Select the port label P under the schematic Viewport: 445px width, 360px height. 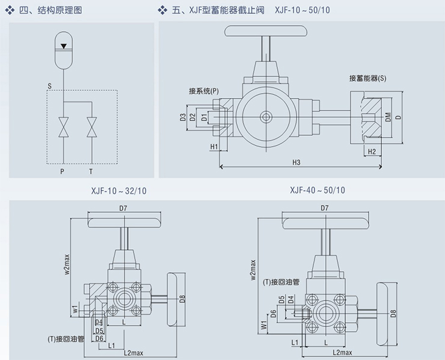pos(62,171)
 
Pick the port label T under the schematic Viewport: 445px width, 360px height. pos(91,171)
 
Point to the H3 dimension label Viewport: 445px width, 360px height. pos(296,162)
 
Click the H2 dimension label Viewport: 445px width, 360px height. pos(372,151)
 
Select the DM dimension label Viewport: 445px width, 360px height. pos(388,117)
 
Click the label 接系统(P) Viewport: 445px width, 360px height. pos(204,91)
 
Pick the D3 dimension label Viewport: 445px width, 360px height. pos(182,117)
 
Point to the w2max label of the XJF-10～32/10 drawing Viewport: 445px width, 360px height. pos(67,263)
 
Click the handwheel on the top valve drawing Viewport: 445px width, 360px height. pos(263,32)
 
